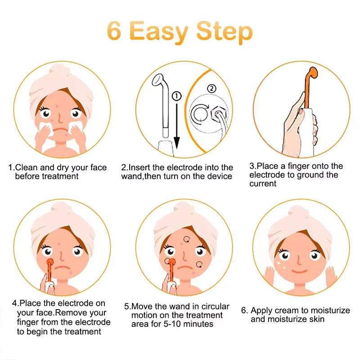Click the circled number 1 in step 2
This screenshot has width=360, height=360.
coord(176,96)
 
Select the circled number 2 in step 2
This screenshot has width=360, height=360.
coord(211,89)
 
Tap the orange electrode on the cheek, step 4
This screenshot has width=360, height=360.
coord(49,262)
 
